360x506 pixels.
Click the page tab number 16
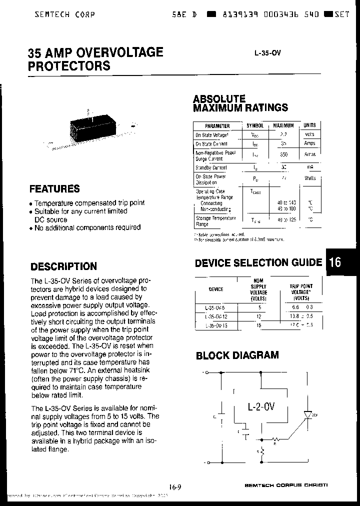(x=334, y=263)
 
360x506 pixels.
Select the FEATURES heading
(x=54, y=189)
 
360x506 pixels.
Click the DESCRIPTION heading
(x=63, y=266)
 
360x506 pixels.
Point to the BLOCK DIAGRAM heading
(x=237, y=355)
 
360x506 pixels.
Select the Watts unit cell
(x=309, y=177)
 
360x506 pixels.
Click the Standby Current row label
(x=211, y=168)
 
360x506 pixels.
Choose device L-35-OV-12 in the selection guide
(x=216, y=316)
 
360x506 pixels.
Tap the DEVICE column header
(x=216, y=289)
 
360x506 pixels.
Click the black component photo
(x=92, y=125)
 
